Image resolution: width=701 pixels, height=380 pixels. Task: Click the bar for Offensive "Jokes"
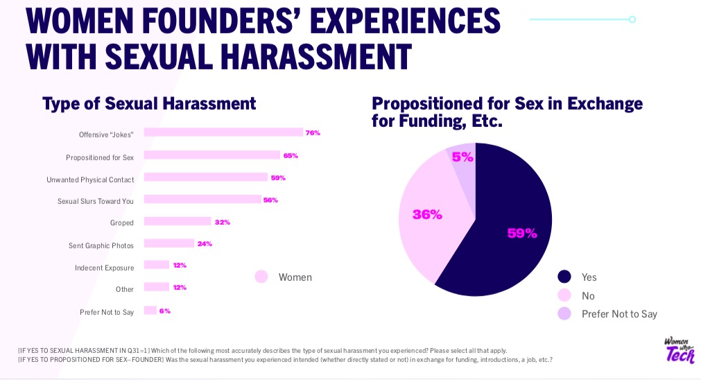click(223, 132)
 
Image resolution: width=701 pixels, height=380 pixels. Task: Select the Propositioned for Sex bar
click(211, 155)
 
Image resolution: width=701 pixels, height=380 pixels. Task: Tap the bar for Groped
click(177, 222)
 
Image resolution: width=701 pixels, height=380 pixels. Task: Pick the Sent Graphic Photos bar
click(168, 243)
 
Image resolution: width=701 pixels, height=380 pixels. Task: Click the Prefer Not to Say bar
click(150, 311)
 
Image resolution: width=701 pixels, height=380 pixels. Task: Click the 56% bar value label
click(270, 200)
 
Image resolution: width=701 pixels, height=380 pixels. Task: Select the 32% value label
click(222, 222)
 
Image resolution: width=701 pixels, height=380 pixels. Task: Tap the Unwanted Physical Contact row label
click(90, 180)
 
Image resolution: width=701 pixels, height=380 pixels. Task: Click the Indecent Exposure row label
click(104, 268)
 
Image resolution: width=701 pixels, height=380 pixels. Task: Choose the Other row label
click(125, 289)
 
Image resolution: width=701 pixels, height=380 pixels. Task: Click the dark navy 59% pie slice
click(513, 229)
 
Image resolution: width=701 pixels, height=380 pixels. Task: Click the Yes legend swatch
click(564, 277)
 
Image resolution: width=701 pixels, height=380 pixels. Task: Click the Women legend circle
click(261, 277)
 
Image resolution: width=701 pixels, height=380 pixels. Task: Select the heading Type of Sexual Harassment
click(149, 104)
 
